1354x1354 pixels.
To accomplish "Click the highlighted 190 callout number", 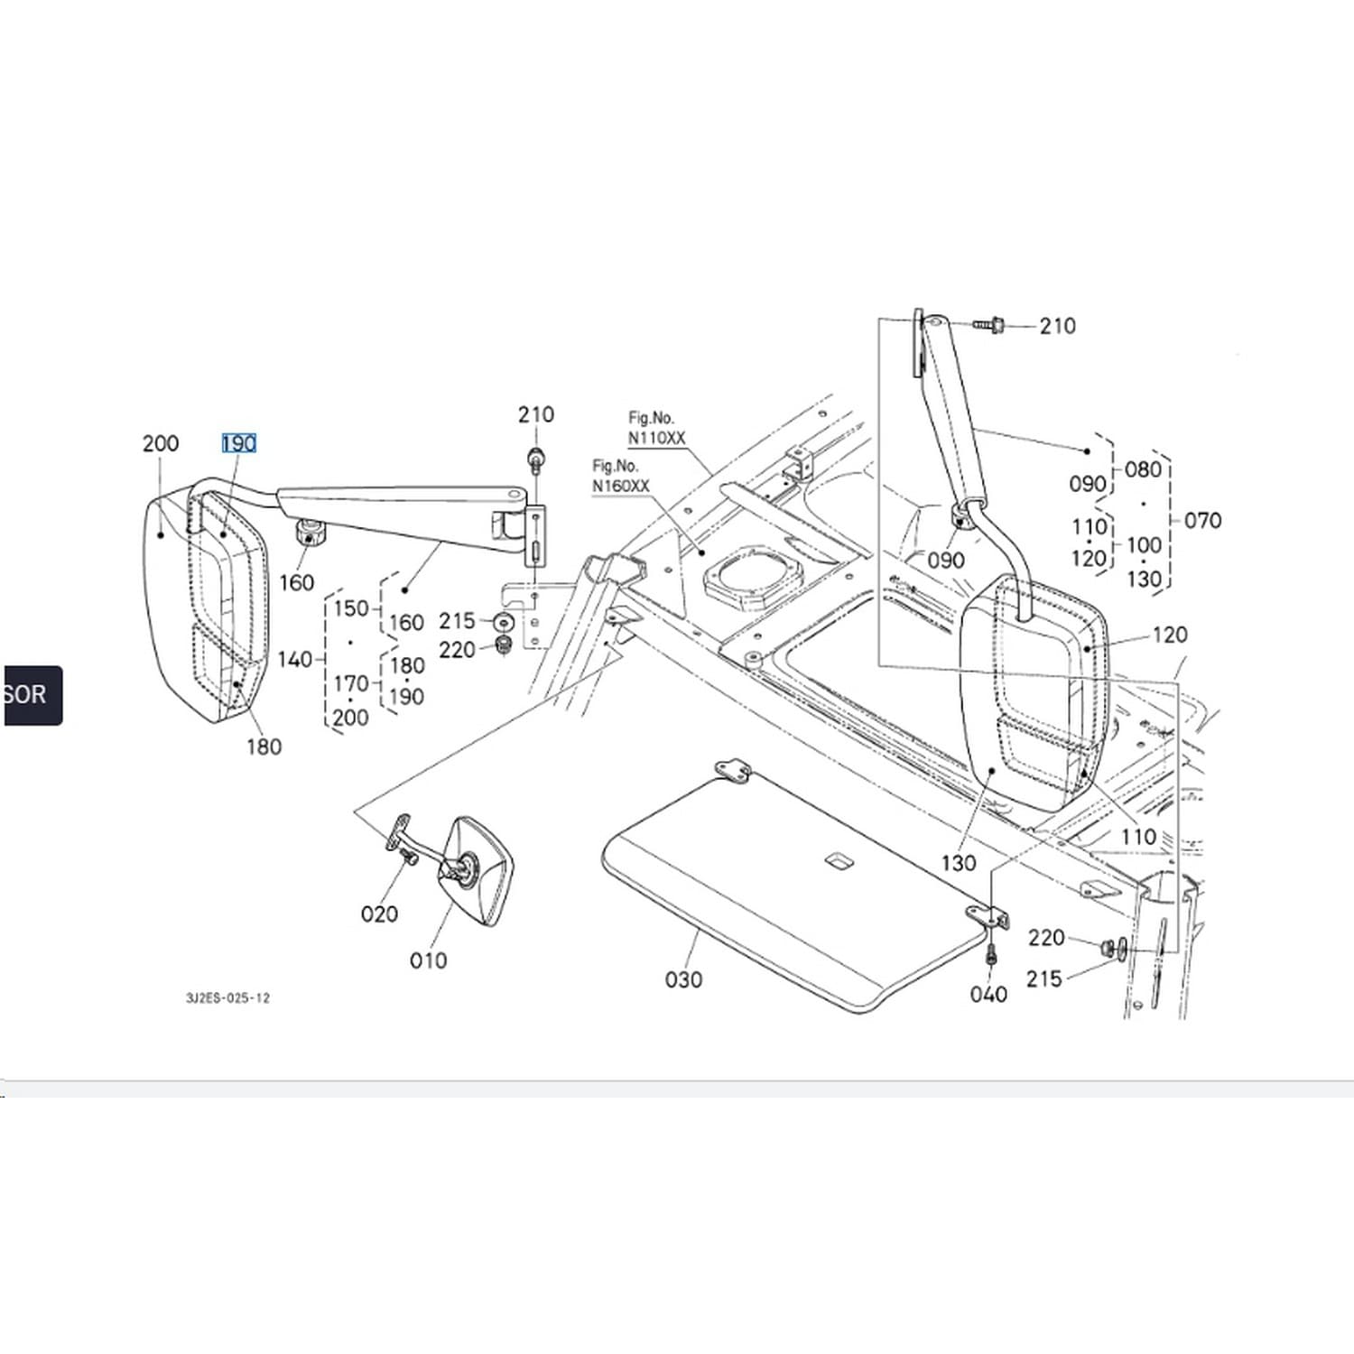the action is tap(239, 443).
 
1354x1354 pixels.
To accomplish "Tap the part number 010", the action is tap(428, 960).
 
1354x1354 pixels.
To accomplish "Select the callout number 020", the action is tap(379, 914).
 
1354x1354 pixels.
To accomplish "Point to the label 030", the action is tap(683, 979).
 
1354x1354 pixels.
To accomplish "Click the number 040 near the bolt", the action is tap(988, 995).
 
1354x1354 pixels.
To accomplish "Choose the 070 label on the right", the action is tap(1202, 520).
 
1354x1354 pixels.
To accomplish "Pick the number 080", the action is tap(1143, 469).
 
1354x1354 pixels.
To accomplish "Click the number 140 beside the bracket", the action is tap(294, 660).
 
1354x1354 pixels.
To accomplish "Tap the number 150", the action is tap(351, 608).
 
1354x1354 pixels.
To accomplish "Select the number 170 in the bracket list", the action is tap(351, 683).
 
